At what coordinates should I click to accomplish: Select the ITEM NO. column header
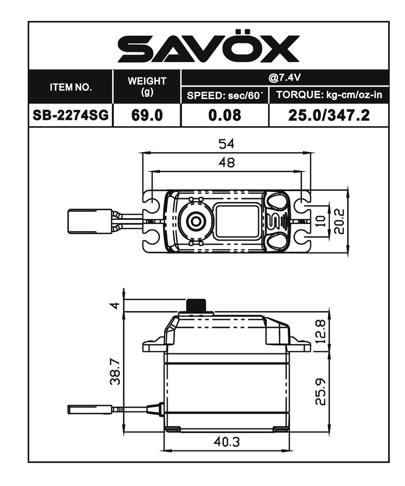coord(71,87)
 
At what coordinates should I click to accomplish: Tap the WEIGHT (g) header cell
coord(147,87)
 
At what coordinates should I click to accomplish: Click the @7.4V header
coord(285,78)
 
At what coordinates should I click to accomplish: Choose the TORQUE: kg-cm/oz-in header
coord(329,95)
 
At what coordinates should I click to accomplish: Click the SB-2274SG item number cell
coord(71,115)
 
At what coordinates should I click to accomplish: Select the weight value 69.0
coord(147,115)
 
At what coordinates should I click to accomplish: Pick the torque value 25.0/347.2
coord(329,115)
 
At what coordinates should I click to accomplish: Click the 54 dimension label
coord(227,144)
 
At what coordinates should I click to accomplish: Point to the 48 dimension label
coord(227,163)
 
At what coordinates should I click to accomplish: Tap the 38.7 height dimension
coord(115,372)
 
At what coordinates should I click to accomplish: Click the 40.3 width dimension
coord(227,441)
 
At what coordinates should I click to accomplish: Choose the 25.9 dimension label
coord(319,392)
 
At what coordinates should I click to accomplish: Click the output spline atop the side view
coord(197,306)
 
